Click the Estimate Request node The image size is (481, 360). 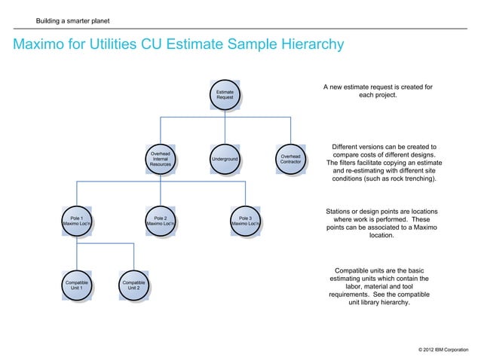(x=225, y=94)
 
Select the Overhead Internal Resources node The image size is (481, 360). (x=160, y=159)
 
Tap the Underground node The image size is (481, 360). (x=225, y=160)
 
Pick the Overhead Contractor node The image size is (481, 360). (x=290, y=159)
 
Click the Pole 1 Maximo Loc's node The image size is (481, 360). (x=77, y=221)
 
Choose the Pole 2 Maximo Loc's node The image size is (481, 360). (x=161, y=221)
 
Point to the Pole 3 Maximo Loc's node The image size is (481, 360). (x=245, y=221)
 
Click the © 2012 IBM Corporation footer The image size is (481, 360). (x=442, y=350)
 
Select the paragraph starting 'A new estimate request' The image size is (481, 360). (x=378, y=92)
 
